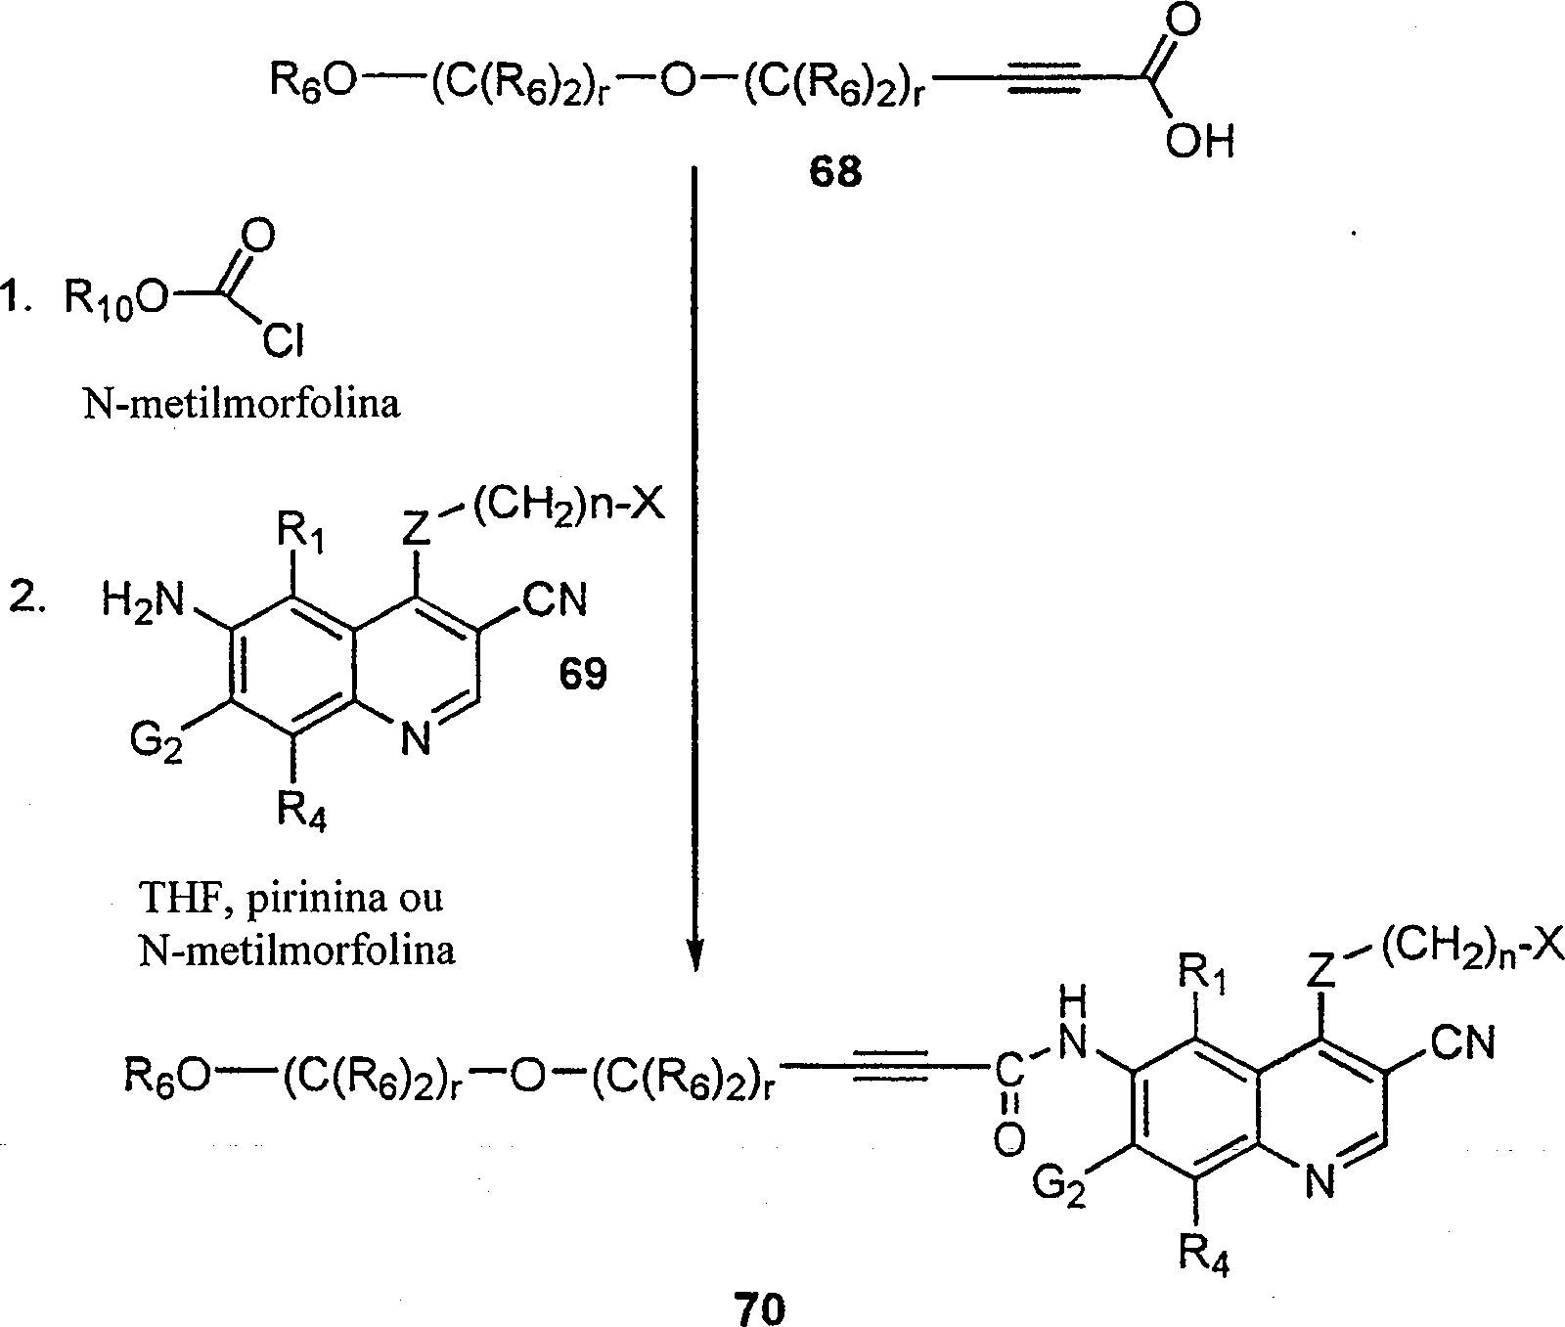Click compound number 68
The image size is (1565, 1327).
click(x=834, y=172)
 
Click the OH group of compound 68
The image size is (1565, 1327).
click(x=1199, y=143)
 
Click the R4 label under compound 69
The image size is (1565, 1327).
click(x=301, y=811)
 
